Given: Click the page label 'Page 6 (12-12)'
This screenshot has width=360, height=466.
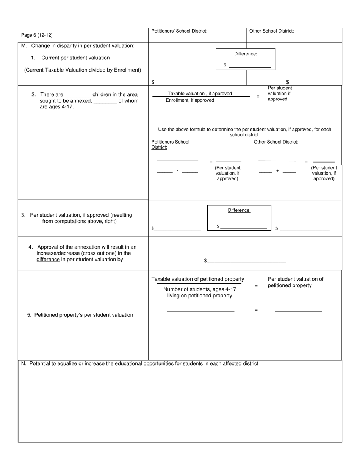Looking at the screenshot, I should tap(37, 35).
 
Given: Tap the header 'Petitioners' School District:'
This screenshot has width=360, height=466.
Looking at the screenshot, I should tap(179, 31).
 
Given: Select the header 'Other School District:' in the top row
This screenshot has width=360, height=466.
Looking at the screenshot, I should tap(271, 31).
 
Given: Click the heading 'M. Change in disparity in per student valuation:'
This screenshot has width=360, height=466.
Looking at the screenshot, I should tap(78, 46).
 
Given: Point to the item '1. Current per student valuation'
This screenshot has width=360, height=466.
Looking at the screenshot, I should tap(75, 58).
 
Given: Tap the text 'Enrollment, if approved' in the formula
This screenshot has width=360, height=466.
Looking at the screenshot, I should tap(190, 100).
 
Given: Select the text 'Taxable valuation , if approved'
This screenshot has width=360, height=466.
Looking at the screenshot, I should tap(200, 94).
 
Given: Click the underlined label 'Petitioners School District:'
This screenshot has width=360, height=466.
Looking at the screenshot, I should tap(170, 144).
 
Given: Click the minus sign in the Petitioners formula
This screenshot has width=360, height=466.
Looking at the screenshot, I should tap(177, 171).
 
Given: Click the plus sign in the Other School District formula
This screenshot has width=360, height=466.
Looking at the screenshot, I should tap(277, 171).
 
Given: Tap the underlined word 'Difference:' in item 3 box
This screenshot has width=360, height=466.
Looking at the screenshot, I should tap(239, 210).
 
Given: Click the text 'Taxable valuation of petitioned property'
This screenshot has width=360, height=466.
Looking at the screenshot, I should tap(198, 279).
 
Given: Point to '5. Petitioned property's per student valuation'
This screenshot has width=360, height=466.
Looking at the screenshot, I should tap(80, 315).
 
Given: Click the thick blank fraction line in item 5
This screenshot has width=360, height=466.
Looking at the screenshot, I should tap(200, 311).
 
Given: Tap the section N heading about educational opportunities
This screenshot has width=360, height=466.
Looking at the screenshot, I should tap(140, 364).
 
